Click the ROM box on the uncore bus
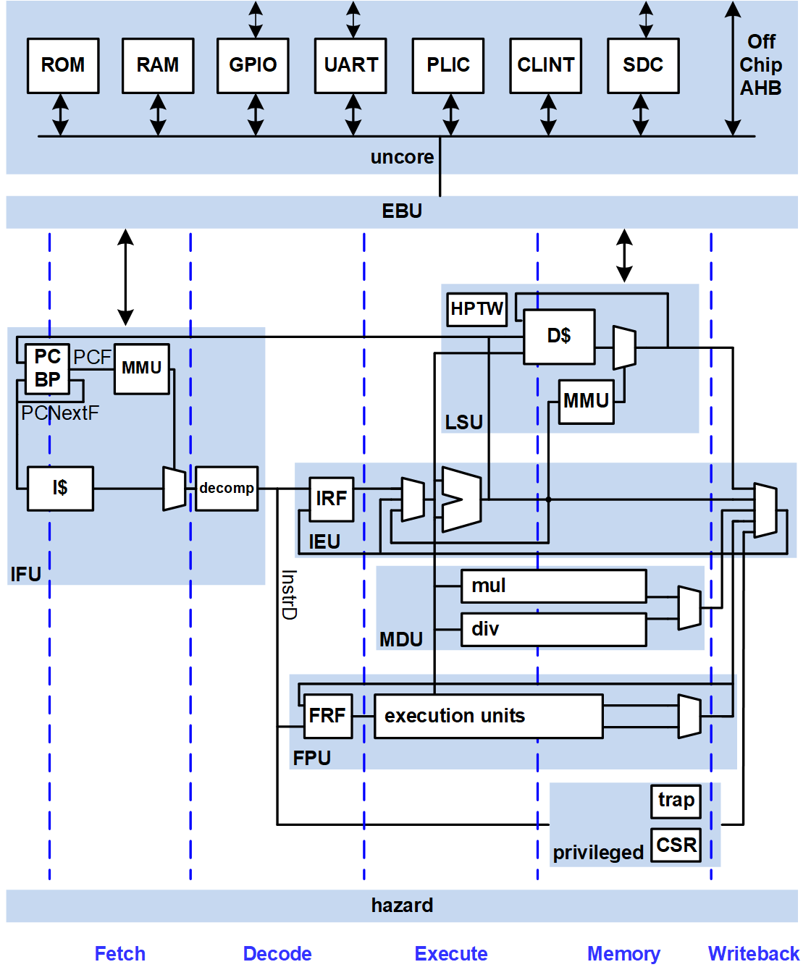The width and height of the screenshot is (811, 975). coord(63,66)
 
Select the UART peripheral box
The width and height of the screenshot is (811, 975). coord(350,66)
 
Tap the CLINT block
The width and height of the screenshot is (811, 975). coord(545,66)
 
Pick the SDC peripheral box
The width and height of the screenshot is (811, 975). coord(643,66)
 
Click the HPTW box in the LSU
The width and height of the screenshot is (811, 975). coord(476,309)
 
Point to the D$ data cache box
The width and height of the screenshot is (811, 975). coord(559,337)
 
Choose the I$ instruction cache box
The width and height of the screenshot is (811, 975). coord(60,489)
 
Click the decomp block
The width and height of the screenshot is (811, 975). coord(227,489)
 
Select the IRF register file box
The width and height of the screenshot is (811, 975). coord(331,499)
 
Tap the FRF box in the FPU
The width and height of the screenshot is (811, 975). coord(327,716)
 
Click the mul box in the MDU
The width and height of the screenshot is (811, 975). coord(553,586)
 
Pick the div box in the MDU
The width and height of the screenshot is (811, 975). coord(553,629)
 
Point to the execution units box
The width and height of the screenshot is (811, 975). coord(488,716)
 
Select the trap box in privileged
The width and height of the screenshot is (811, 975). coord(676,801)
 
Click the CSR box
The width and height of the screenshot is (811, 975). coord(676,845)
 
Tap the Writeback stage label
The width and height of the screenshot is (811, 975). coord(753,954)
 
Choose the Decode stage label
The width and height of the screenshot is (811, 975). coord(277,954)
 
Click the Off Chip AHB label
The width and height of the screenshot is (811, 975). coord(761,65)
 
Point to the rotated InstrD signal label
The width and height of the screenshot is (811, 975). coord(289,594)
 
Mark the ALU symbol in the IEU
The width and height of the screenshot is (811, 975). coord(461,499)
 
